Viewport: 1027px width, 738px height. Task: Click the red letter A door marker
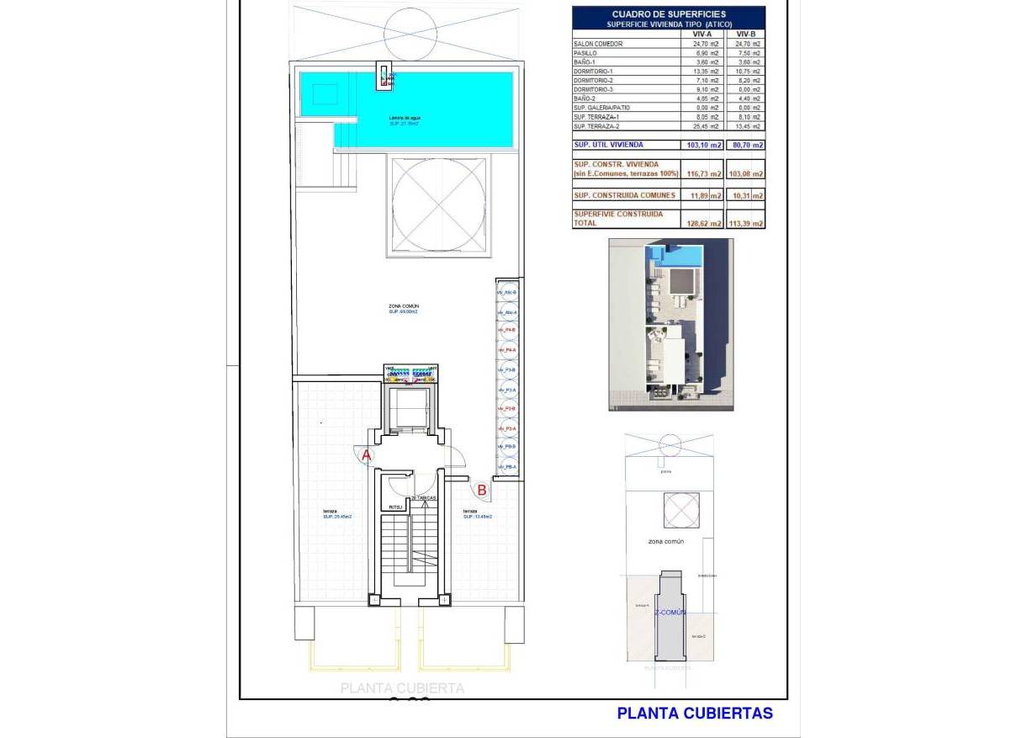(366, 455)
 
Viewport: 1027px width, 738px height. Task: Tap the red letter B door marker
(482, 489)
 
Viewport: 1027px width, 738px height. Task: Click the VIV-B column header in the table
(747, 34)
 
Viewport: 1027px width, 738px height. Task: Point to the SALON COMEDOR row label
(598, 43)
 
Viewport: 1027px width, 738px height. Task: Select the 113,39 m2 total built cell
(747, 224)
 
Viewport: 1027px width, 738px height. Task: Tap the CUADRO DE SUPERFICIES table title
(669, 14)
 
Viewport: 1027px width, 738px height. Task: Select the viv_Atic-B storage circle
(507, 292)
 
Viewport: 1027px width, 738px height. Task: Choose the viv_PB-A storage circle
(507, 467)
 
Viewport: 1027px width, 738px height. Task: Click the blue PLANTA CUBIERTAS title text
(695, 714)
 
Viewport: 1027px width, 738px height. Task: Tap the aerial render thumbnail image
(670, 325)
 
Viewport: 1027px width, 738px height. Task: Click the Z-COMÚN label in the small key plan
(671, 612)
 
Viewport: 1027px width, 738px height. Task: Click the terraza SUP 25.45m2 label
(336, 514)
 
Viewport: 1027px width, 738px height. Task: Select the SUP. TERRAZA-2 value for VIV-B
(747, 126)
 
